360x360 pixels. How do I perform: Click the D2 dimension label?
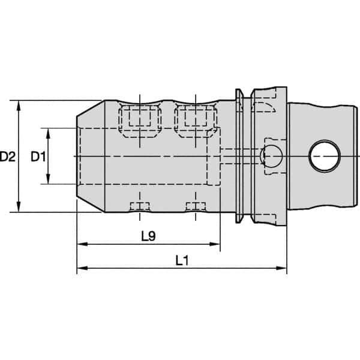8,157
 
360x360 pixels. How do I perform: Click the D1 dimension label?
38,157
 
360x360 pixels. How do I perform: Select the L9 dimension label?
148,236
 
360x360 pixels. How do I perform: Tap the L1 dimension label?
182,260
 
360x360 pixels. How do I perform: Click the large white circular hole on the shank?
325,156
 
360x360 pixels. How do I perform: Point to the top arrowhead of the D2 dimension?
19,106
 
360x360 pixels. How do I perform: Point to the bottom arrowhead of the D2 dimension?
19,207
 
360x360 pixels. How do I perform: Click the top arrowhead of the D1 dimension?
48,134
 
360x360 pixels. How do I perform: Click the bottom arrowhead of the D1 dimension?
48,178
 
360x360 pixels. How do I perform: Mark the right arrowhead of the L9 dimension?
215,244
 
